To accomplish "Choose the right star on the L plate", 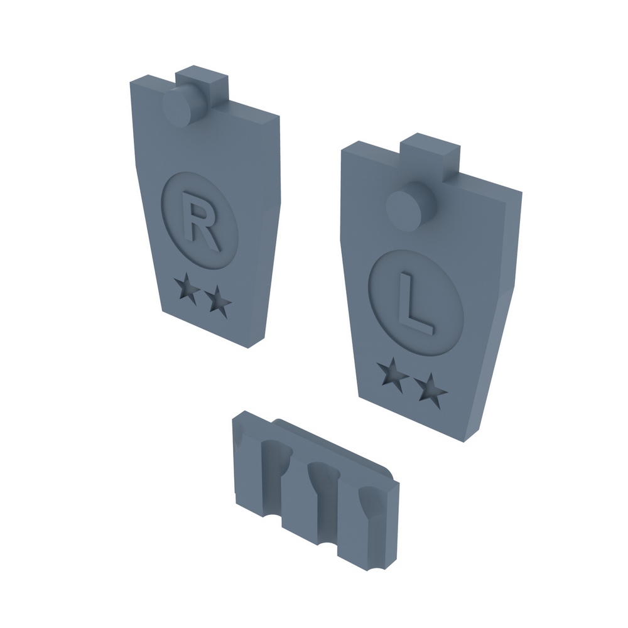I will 431,391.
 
